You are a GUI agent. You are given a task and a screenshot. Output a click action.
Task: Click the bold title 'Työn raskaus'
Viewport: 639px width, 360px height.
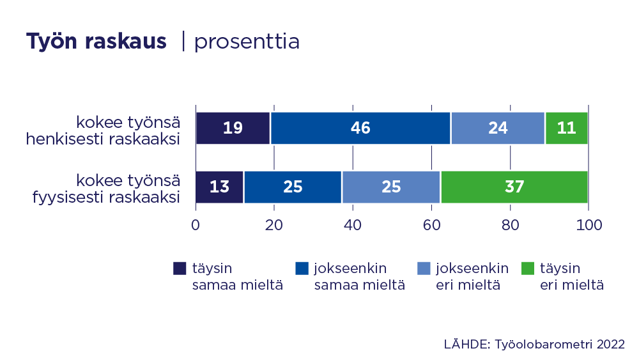[96, 42]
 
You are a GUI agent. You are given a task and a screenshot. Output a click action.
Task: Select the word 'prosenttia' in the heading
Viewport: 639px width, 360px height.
[247, 42]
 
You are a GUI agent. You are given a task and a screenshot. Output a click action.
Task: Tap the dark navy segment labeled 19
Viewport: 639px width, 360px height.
[233, 128]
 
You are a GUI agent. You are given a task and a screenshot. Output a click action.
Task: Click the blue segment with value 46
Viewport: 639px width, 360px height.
[360, 128]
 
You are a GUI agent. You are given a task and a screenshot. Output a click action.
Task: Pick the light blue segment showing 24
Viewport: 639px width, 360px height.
[498, 128]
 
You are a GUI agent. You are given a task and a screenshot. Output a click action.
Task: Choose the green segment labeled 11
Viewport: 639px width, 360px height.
[566, 128]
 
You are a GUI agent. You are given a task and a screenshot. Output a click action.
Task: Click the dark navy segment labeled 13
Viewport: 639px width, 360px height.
[219, 187]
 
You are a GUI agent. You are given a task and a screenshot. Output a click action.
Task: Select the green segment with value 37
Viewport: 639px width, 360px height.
[514, 187]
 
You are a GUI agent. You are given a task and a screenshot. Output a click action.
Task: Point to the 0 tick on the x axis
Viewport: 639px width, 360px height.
[196, 224]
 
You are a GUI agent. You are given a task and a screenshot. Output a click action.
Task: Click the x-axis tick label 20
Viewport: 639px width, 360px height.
[274, 224]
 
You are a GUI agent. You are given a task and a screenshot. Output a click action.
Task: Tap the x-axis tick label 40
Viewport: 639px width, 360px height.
[353, 224]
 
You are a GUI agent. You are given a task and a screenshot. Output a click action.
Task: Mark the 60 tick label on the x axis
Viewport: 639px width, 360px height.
[431, 224]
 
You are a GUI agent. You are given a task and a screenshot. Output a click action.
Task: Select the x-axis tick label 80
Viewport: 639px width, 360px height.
[510, 224]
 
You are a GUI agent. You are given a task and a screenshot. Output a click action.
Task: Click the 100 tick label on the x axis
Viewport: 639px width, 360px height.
[588, 224]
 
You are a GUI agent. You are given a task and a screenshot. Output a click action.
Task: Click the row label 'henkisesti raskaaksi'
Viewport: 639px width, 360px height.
[102, 138]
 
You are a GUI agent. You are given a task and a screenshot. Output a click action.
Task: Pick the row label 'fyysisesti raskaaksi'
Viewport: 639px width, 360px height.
[105, 197]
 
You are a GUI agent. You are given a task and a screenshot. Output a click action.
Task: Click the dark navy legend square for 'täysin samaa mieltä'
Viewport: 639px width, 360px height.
[180, 269]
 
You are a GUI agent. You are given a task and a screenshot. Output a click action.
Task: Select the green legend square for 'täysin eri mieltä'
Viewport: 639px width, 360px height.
[528, 269]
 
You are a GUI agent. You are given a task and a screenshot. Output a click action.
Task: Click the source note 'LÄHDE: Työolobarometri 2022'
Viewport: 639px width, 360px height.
[534, 343]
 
